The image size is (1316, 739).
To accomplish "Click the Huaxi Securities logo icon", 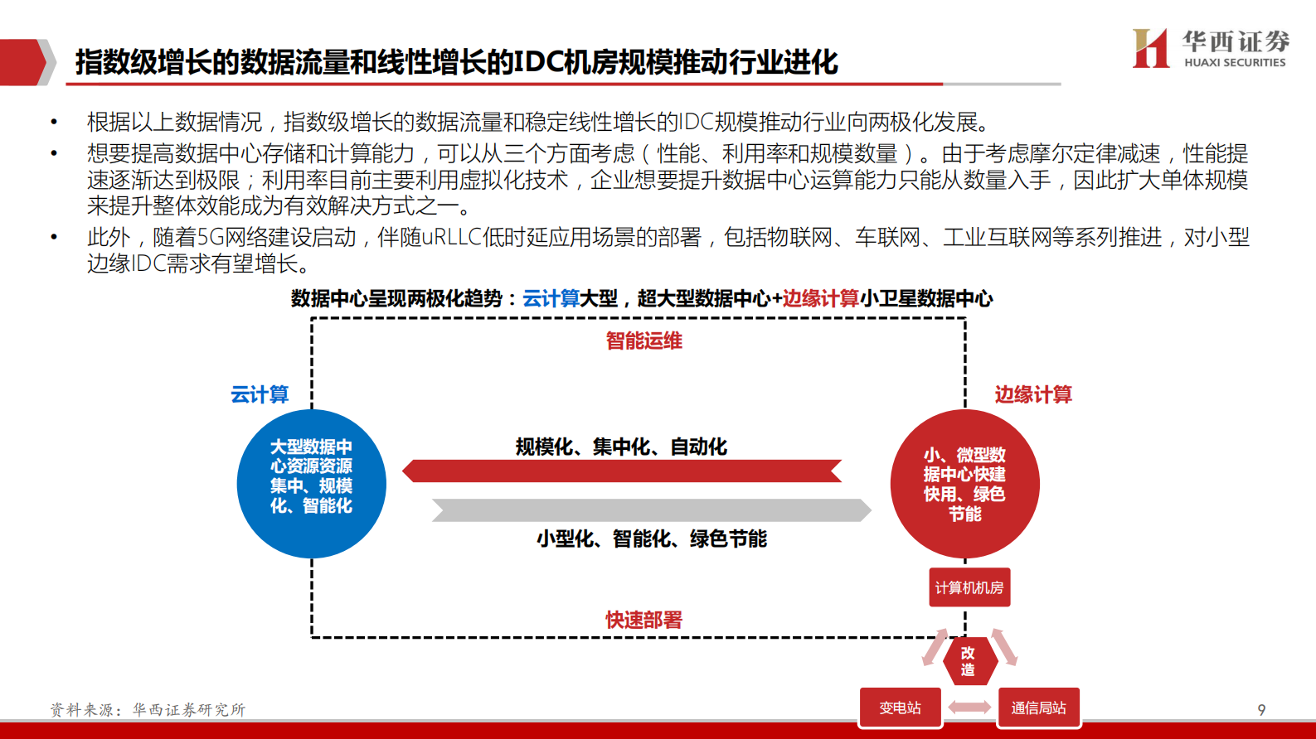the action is click(1150, 48).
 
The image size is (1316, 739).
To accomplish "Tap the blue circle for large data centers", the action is click(311, 484).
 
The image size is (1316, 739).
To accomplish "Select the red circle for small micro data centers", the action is click(964, 484).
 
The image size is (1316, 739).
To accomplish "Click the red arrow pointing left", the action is click(622, 471).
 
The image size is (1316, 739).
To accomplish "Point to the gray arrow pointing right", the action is click(652, 510).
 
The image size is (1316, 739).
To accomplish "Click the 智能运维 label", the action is click(643, 341).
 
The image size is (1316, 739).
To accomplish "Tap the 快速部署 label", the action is click(643, 620).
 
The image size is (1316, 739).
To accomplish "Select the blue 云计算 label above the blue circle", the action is click(260, 394).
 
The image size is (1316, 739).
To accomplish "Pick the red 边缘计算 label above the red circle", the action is click(1033, 394).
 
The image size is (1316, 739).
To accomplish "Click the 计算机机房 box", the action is click(969, 587).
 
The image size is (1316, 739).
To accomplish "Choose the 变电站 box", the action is click(900, 708).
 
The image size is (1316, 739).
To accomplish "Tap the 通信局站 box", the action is click(1038, 708).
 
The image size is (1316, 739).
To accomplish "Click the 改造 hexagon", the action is click(968, 661).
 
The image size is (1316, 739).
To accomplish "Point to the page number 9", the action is click(1261, 710).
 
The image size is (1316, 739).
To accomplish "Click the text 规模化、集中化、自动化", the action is click(621, 447).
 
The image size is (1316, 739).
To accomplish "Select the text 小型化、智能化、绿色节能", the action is click(651, 539).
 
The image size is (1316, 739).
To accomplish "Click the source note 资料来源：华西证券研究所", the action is click(148, 710).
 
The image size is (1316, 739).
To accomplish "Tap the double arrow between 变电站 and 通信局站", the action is click(969, 708).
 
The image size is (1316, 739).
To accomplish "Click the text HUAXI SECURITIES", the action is click(1235, 63).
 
